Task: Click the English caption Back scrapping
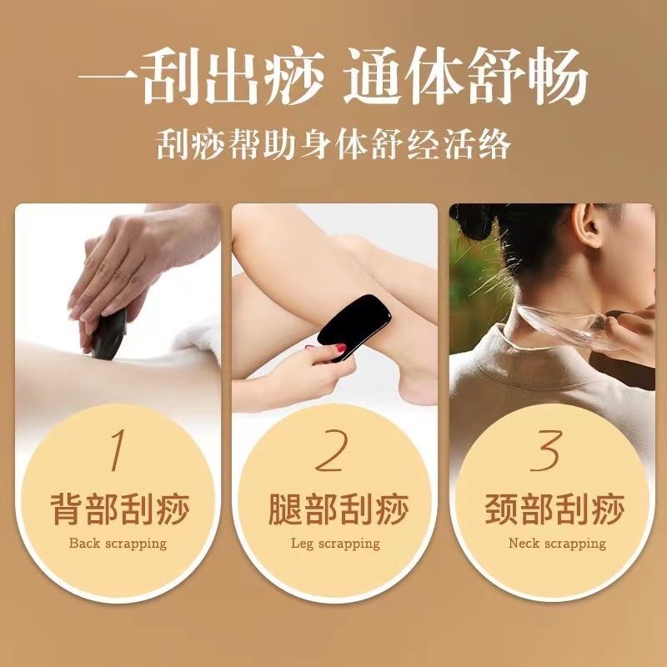click(x=118, y=544)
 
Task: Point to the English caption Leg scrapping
click(x=335, y=544)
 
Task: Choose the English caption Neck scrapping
click(x=557, y=544)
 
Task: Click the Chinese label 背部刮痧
click(x=118, y=508)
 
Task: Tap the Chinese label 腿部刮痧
click(x=335, y=508)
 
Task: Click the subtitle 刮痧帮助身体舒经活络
click(x=333, y=145)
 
